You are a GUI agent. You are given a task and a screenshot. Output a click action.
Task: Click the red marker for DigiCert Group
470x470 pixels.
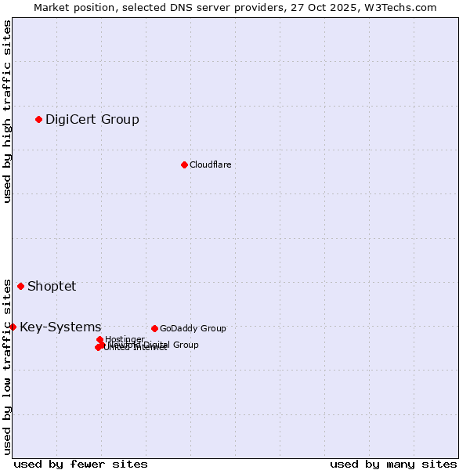click(38, 119)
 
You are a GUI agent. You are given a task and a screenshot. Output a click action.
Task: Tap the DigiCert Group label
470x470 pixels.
click(92, 120)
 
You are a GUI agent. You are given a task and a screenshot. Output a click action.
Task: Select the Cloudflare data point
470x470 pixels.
click(184, 164)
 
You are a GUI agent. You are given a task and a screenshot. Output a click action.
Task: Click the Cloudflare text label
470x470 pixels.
click(210, 164)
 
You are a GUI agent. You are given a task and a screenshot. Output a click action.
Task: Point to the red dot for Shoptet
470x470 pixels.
click(20, 286)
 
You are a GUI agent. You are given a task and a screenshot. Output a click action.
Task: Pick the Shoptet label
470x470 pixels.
click(52, 286)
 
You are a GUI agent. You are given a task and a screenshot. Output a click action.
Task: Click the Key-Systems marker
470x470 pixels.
click(13, 327)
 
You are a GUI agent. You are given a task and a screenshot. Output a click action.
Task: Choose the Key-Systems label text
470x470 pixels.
click(60, 327)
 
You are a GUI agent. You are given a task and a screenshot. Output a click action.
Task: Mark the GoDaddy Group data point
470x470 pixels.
click(154, 328)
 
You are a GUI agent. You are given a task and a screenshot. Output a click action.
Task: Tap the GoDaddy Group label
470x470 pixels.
click(193, 329)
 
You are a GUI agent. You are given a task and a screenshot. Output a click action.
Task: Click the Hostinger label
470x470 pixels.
click(125, 339)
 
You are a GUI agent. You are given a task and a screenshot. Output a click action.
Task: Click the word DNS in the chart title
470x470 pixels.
click(179, 7)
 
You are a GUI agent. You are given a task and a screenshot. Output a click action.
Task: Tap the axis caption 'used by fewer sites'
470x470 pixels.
click(81, 464)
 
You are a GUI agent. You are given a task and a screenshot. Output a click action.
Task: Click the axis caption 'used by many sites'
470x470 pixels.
click(393, 464)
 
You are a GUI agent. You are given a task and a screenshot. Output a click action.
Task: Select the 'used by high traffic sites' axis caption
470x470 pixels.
click(7, 111)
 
